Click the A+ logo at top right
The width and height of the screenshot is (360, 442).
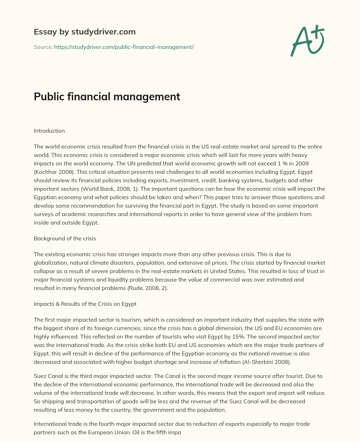click(x=307, y=41)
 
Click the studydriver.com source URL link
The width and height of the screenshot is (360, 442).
click(x=124, y=47)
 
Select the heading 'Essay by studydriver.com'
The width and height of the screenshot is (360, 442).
click(x=85, y=32)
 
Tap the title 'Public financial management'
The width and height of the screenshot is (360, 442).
click(x=107, y=96)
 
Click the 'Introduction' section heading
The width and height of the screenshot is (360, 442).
click(x=49, y=131)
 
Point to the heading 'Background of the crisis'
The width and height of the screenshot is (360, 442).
click(x=65, y=238)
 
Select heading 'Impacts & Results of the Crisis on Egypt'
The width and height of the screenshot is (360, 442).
click(x=85, y=304)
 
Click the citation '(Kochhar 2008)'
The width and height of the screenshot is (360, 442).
click(x=51, y=172)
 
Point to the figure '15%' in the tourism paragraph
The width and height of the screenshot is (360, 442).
click(x=211, y=336)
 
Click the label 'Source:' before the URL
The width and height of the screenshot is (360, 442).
click(x=43, y=47)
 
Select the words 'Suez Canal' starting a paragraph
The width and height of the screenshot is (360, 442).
click(x=47, y=376)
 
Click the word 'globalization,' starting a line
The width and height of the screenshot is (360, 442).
click(x=50, y=263)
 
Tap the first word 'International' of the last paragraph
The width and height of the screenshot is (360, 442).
click(x=49, y=424)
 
